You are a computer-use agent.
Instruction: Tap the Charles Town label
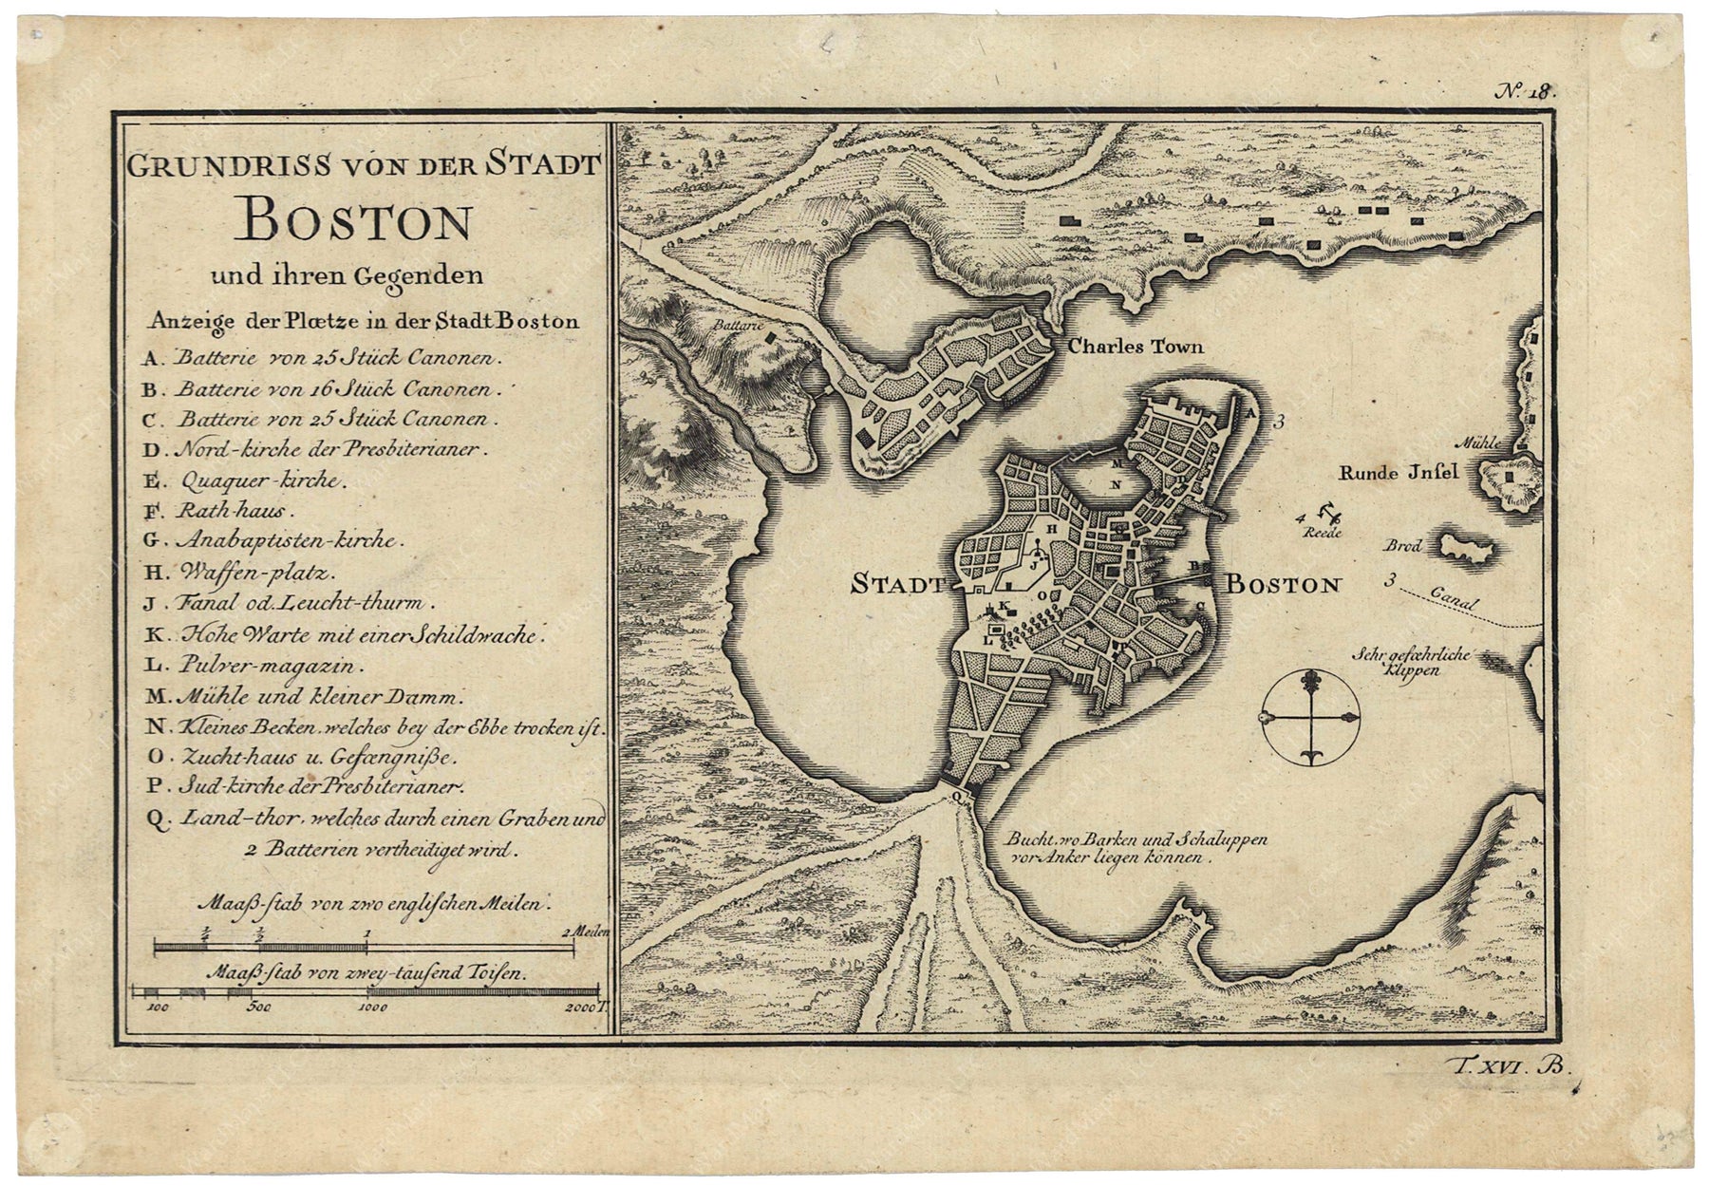(1136, 347)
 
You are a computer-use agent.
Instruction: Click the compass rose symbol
(1310, 717)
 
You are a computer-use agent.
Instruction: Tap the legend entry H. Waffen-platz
(239, 572)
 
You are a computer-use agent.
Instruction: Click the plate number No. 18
(1527, 91)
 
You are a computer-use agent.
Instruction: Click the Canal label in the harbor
(1451, 601)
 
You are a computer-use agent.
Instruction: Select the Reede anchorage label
(1321, 534)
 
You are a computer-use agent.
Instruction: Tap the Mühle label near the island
(1481, 442)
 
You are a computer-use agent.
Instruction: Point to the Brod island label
(1402, 546)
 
